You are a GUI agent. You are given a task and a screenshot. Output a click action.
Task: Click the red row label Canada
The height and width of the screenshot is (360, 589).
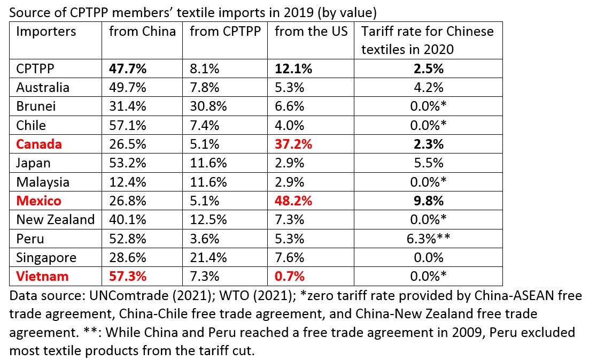[x=39, y=144]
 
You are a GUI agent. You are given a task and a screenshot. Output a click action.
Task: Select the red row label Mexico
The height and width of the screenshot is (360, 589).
[x=39, y=201]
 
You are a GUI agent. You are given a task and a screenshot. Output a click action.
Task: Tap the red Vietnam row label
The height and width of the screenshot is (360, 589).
[x=42, y=277]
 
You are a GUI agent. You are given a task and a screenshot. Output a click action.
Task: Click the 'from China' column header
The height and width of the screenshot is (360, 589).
[x=142, y=31]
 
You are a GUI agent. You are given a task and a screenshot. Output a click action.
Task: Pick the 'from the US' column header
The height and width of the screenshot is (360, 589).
[x=311, y=31]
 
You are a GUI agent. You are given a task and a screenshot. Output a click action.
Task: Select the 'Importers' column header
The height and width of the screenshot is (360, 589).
[x=46, y=31]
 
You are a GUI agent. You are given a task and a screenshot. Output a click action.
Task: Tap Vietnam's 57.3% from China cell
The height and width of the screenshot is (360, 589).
[x=128, y=277]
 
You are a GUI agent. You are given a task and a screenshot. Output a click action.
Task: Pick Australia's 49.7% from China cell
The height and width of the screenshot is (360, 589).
[x=128, y=87]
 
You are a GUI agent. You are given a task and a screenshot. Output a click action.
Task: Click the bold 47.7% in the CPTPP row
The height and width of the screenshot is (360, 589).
[x=128, y=69]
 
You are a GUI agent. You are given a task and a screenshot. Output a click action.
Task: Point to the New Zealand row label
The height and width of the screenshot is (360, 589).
[x=55, y=220]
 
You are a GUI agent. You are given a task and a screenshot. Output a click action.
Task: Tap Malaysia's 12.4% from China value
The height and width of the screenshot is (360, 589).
[x=128, y=182]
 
